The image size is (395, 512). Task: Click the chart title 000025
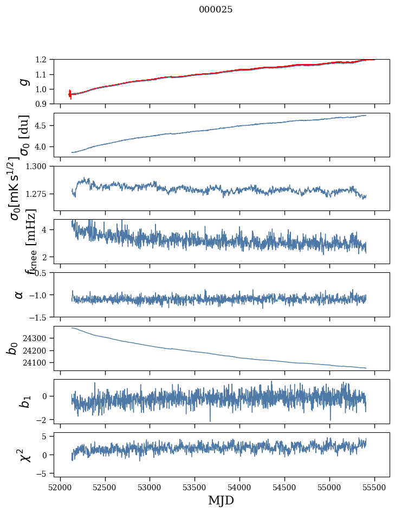216,10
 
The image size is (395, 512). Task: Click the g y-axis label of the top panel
23,81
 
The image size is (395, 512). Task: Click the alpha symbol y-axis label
20,295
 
